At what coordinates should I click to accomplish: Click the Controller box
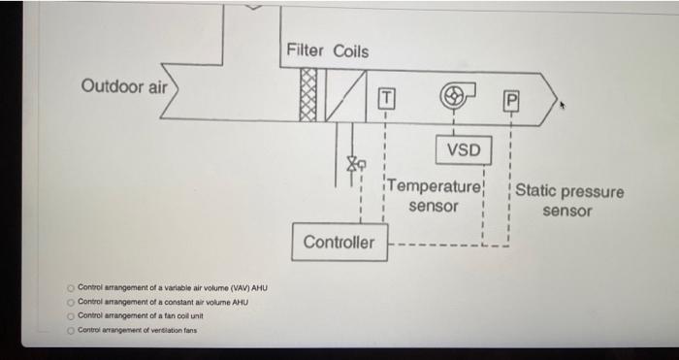point(339,242)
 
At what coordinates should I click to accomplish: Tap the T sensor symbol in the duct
point(386,98)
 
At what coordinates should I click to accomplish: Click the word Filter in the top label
point(307,50)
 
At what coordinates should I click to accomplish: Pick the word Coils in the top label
point(350,50)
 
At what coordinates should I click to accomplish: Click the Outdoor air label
point(124,86)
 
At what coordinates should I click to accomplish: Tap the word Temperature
point(435,187)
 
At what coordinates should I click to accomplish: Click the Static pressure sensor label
point(568,200)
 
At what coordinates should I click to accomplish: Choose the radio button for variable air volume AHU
point(71,288)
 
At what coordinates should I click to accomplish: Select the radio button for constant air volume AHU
point(71,302)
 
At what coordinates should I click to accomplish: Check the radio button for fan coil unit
point(71,315)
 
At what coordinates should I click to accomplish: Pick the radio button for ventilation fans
point(71,330)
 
